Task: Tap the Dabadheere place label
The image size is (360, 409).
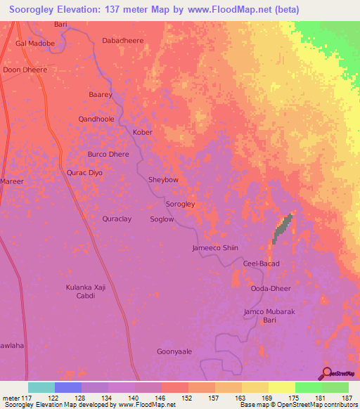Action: pos(123,41)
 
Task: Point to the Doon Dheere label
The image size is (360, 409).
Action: pos(25,70)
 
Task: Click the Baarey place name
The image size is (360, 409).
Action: pos(101,94)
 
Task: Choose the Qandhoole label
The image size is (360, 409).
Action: pos(96,119)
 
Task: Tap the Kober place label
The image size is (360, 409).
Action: pos(143,132)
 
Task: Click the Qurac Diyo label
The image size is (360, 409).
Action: pos(85,172)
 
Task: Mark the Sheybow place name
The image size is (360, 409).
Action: pos(163,180)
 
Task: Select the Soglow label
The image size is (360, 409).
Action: pos(162,219)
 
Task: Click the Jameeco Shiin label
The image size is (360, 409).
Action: pos(215,248)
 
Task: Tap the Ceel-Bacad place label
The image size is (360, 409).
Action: pos(262,264)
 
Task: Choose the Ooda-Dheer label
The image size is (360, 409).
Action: pos(271,289)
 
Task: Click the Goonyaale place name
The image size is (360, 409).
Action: pos(174,351)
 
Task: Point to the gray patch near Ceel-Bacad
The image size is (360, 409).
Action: pos(282,228)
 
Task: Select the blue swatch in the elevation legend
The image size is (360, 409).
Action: pos(68,387)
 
